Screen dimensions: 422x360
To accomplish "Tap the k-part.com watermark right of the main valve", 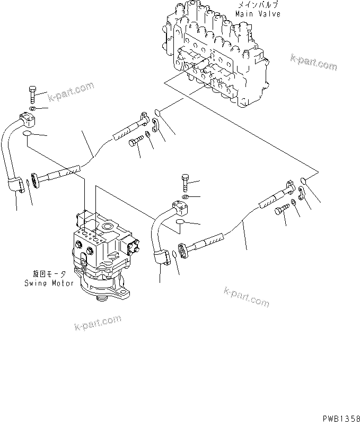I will [313, 63].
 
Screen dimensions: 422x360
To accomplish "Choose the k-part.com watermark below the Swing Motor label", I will [98, 322].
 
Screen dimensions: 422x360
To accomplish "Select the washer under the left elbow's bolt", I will [33, 110].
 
